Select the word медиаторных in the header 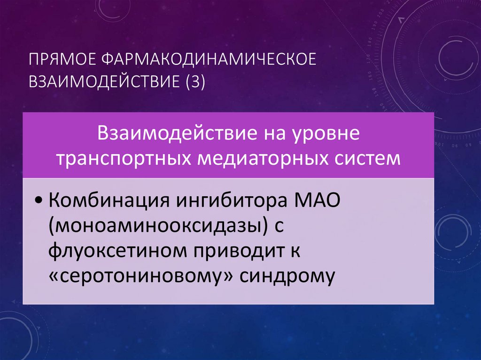(x=256, y=158)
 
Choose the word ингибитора (x=231, y=203)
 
